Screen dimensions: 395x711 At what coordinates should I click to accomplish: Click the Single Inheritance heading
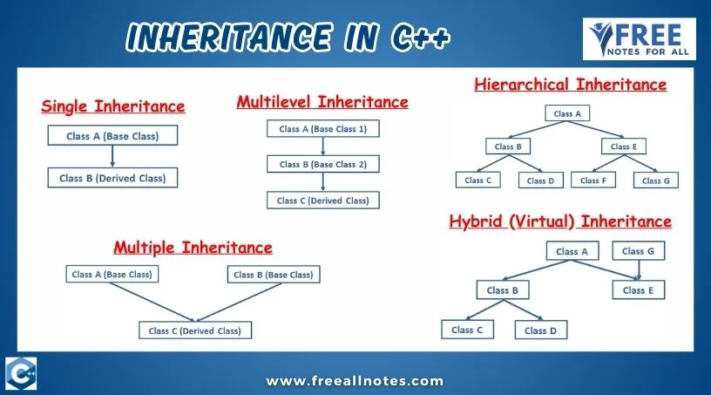tap(113, 106)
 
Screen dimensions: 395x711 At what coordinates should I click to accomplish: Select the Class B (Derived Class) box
tap(112, 178)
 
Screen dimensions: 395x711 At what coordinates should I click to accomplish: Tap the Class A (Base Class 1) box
tap(323, 129)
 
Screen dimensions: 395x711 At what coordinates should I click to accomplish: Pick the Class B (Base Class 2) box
tap(323, 164)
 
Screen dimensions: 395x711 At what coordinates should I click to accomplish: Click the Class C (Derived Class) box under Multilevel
tap(323, 200)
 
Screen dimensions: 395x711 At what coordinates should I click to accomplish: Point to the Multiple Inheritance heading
tap(193, 247)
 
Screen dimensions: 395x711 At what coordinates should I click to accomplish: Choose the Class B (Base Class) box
tap(274, 274)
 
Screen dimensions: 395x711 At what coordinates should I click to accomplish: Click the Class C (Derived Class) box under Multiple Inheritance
tap(195, 330)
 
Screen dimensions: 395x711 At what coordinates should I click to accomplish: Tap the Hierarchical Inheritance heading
tap(570, 85)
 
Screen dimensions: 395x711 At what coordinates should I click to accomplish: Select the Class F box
tap(590, 180)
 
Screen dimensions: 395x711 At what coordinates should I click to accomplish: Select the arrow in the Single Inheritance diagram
tap(112, 156)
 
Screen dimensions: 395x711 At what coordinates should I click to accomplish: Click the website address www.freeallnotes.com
tap(354, 380)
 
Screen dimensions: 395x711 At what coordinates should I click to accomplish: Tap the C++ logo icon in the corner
tap(20, 373)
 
